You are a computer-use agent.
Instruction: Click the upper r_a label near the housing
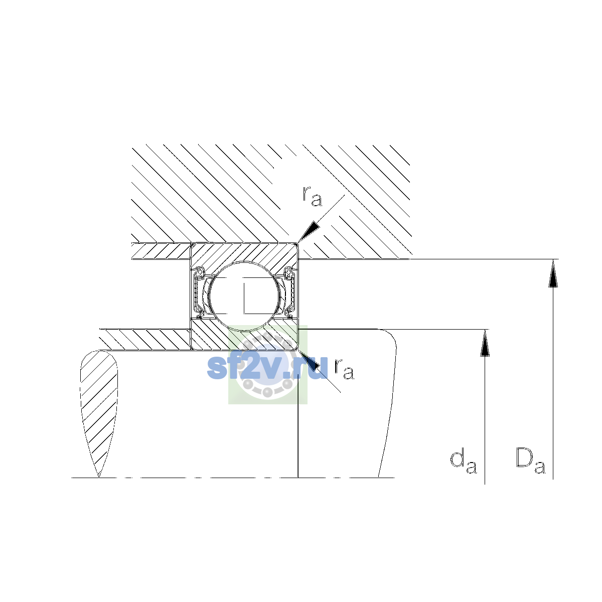(312, 196)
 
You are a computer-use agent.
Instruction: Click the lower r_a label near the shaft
(344, 369)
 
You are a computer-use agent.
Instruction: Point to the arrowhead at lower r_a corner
(310, 360)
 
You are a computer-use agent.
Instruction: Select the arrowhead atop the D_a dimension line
(553, 273)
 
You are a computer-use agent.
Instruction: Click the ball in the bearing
(245, 296)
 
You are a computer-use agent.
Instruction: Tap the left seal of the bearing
(198, 292)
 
